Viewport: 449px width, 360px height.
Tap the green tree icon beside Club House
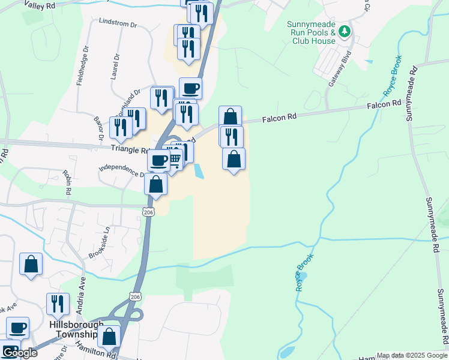(345, 31)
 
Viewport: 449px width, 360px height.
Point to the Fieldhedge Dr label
(82, 65)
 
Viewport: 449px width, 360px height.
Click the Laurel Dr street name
(115, 67)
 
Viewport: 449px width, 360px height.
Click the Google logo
(19, 353)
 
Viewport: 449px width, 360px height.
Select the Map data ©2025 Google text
(411, 355)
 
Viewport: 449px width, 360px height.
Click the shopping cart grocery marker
(175, 158)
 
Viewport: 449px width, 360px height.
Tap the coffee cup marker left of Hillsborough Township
(17, 328)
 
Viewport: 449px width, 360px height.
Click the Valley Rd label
(40, 4)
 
